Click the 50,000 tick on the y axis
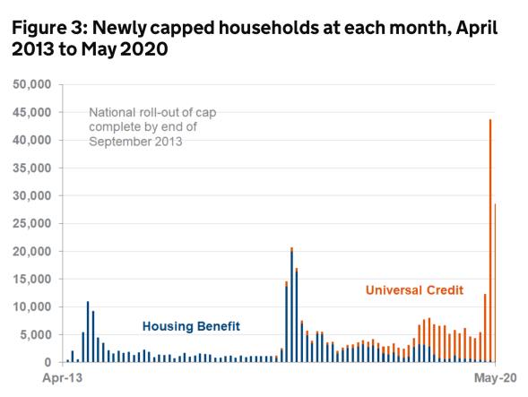pyautogui.click(x=32, y=85)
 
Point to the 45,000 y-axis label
pyautogui.click(x=32, y=113)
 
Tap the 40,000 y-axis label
pyautogui.click(x=32, y=141)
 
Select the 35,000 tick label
pyautogui.click(x=32, y=168)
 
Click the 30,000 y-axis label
pyautogui.click(x=32, y=196)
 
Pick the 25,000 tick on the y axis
pyautogui.click(x=32, y=224)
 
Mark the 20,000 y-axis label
pyautogui.click(x=32, y=252)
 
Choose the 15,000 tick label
pyautogui.click(x=32, y=280)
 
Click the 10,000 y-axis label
pyautogui.click(x=32, y=307)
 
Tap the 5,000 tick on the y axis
pyautogui.click(x=36, y=335)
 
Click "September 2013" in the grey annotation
pyautogui.click(x=135, y=141)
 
